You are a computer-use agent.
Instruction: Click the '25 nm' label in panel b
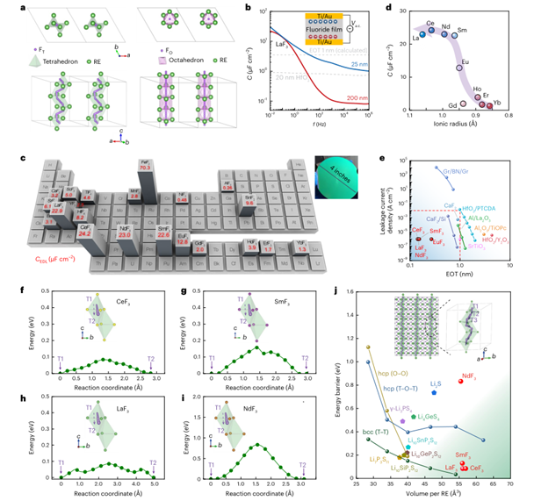pyautogui.click(x=332, y=64)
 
